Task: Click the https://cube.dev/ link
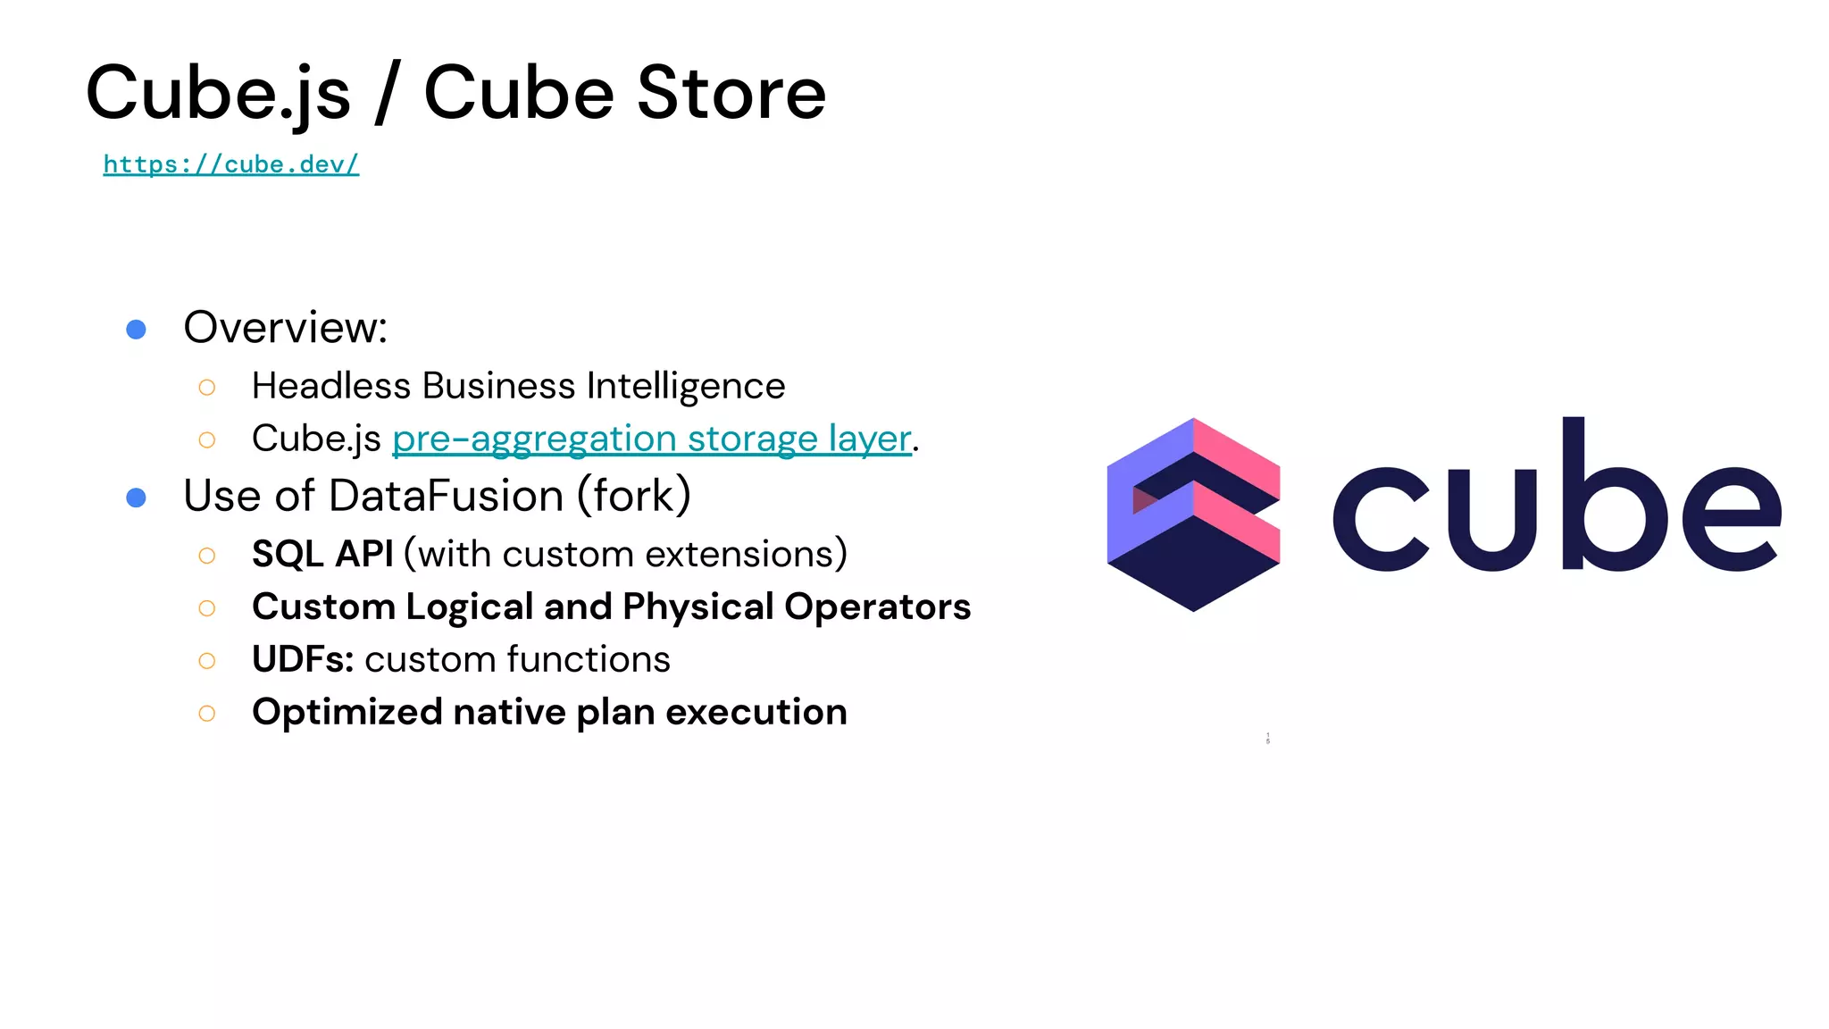pyautogui.click(x=230, y=164)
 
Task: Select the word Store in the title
pyautogui.click(x=731, y=93)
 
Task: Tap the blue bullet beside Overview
pyautogui.click(x=136, y=330)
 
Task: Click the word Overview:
pyautogui.click(x=285, y=327)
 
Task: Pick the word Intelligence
pyautogui.click(x=686, y=387)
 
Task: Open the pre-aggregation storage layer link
pyautogui.click(x=651, y=439)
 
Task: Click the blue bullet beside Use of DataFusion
pyautogui.click(x=136, y=498)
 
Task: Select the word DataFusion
pyautogui.click(x=446, y=496)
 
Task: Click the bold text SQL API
pyautogui.click(x=322, y=554)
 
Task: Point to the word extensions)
pyautogui.click(x=747, y=554)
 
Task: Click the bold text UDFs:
pyautogui.click(x=303, y=659)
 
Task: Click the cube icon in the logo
pyautogui.click(x=1193, y=514)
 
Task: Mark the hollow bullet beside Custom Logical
pyautogui.click(x=207, y=608)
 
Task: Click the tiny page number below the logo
pyautogui.click(x=1267, y=739)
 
